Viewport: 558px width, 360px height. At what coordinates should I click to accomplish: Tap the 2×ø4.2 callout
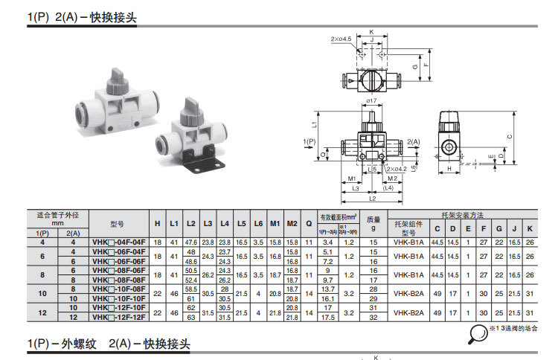click(x=397, y=170)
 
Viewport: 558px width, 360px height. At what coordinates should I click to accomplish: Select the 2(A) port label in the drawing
click(x=414, y=141)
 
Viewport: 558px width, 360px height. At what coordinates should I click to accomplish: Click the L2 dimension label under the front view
click(x=371, y=199)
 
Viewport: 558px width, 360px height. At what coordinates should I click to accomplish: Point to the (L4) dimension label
click(x=388, y=188)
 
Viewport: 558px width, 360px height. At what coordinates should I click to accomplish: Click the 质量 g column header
click(x=374, y=223)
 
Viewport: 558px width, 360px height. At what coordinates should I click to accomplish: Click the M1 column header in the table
click(x=275, y=223)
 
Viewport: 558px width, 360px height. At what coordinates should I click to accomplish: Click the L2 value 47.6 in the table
click(x=190, y=242)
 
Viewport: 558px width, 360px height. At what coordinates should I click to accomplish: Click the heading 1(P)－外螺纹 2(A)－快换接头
click(x=109, y=345)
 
